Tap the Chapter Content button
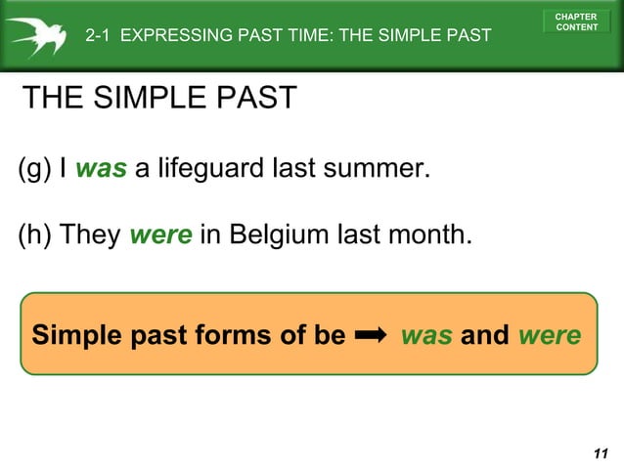click(x=576, y=21)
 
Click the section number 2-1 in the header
click(x=99, y=37)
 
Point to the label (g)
click(x=34, y=169)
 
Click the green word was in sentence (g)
click(x=101, y=169)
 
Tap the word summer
click(x=378, y=169)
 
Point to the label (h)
click(x=35, y=235)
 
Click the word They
click(x=92, y=235)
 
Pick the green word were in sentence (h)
click(x=160, y=235)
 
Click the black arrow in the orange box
click(x=373, y=335)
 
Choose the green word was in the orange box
click(x=426, y=335)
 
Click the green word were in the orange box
click(x=550, y=335)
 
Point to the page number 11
click(x=601, y=452)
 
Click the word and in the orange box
click(x=485, y=335)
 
